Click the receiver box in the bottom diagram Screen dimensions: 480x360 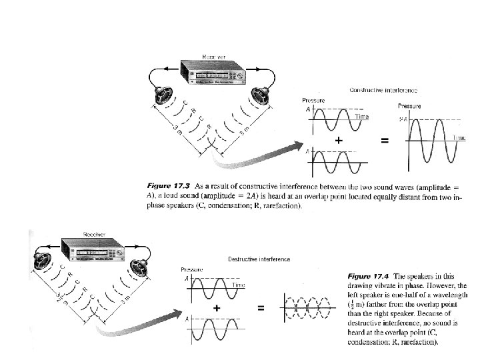pos(93,250)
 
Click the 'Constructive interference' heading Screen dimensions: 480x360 pos(383,90)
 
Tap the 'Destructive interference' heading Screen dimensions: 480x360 pos(258,259)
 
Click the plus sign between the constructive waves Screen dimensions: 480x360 pos(339,141)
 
